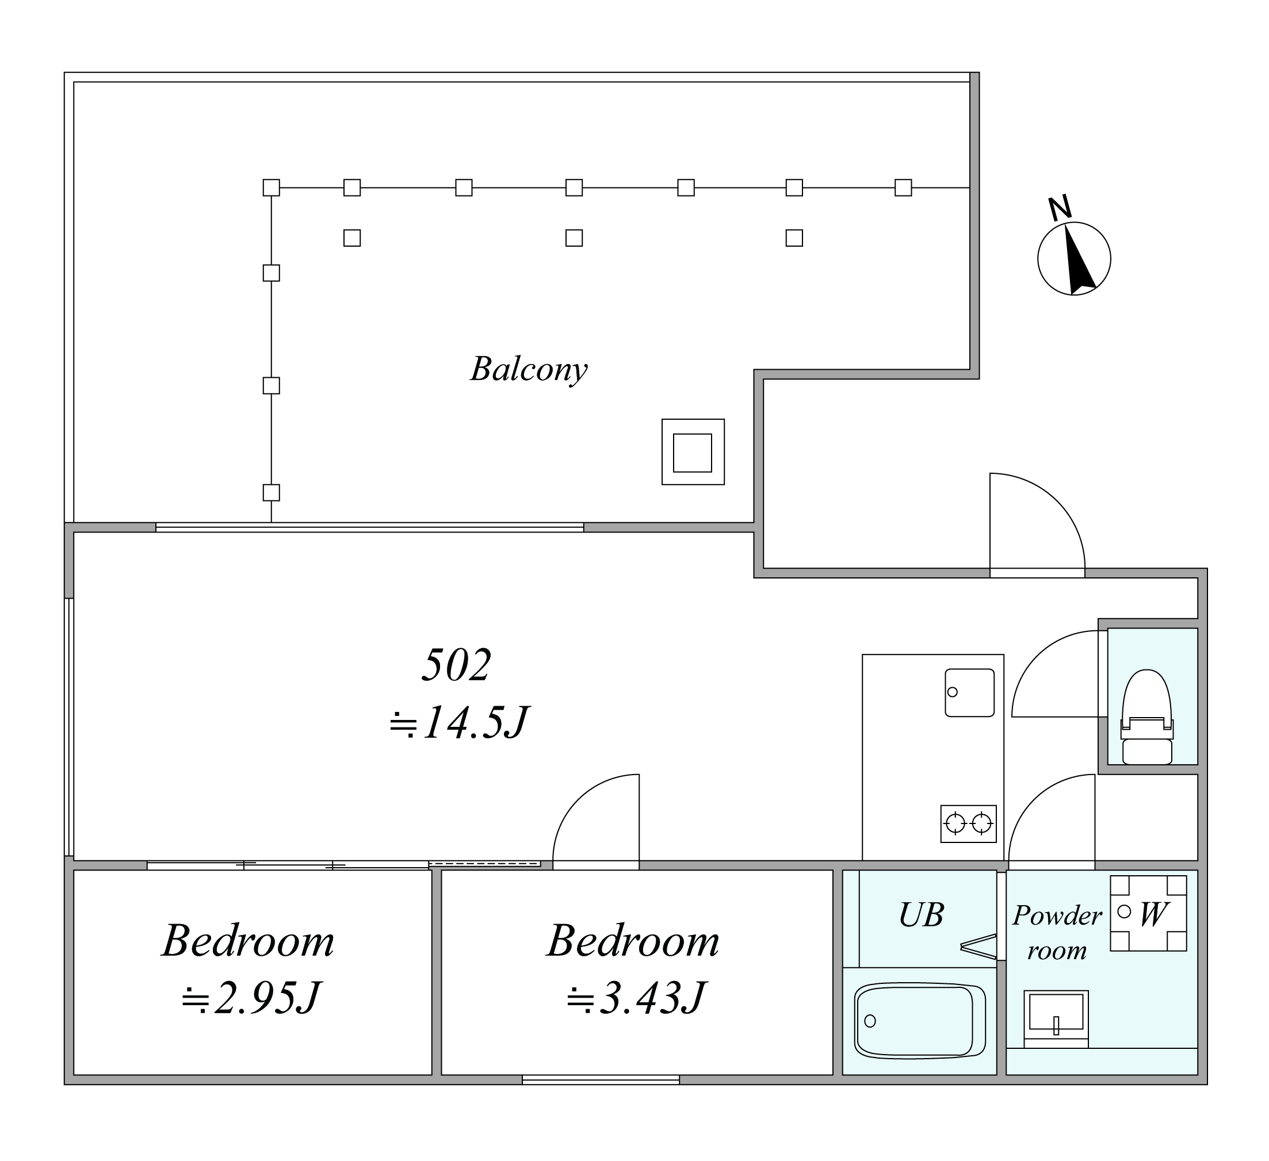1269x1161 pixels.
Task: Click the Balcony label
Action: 529,369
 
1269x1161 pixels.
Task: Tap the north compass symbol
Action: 1074,252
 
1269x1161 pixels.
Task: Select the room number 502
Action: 456,665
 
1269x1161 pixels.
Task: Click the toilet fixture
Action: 1147,718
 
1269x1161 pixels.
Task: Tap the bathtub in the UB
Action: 920,1021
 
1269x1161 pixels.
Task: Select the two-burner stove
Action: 968,823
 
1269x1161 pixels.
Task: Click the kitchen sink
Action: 969,693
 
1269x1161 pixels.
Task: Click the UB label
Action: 921,915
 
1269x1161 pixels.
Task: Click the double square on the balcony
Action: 693,452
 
